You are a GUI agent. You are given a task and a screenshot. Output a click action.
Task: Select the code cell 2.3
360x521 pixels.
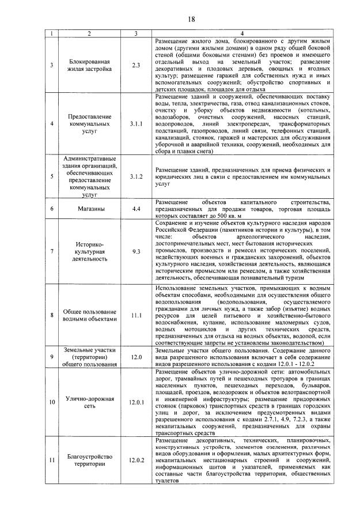click(x=136, y=65)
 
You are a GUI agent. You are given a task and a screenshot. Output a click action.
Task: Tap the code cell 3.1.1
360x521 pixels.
click(x=136, y=123)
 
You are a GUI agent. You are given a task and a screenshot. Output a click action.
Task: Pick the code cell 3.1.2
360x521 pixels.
click(x=136, y=176)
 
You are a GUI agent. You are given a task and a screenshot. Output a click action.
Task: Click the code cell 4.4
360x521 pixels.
click(x=136, y=208)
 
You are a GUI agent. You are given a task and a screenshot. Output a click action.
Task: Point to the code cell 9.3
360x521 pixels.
click(x=136, y=251)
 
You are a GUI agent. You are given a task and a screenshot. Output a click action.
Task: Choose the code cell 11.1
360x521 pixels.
click(x=136, y=315)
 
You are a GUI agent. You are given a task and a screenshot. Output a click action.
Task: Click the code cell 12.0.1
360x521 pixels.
click(x=136, y=402)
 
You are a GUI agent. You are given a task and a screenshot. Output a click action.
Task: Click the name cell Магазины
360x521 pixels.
click(x=89, y=208)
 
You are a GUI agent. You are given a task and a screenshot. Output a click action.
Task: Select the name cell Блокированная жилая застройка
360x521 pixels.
click(x=89, y=65)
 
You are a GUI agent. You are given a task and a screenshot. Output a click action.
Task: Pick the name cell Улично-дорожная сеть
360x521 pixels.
click(x=89, y=402)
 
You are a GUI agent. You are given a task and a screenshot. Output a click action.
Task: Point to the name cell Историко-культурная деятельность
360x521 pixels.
click(x=89, y=251)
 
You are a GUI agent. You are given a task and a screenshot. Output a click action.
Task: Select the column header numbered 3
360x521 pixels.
click(x=136, y=35)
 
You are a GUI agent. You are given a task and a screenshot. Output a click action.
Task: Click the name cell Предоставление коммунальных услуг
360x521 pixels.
click(x=89, y=123)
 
